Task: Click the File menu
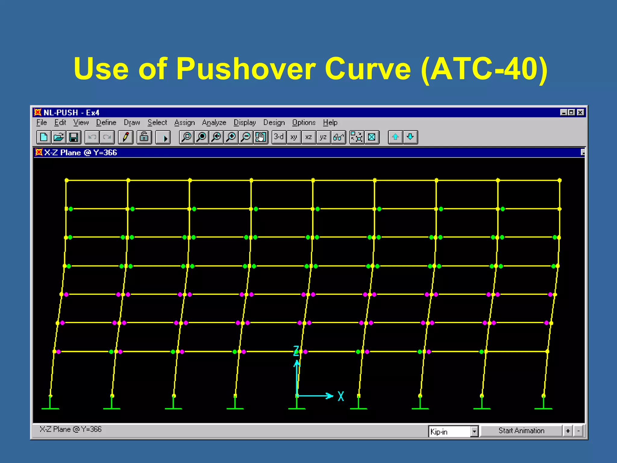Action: pyautogui.click(x=42, y=123)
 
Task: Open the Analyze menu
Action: pyautogui.click(x=214, y=123)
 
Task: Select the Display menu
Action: pyautogui.click(x=245, y=123)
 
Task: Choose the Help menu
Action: pyautogui.click(x=330, y=123)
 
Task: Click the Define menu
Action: pyautogui.click(x=106, y=123)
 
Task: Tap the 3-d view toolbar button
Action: pyautogui.click(x=279, y=137)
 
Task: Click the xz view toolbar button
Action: pyautogui.click(x=308, y=137)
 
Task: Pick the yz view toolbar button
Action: pyautogui.click(x=323, y=137)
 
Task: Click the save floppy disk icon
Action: pyautogui.click(x=74, y=137)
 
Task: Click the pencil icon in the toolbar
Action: pyautogui.click(x=126, y=137)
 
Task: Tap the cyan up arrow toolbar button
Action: pyautogui.click(x=395, y=137)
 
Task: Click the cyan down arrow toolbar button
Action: pyautogui.click(x=410, y=137)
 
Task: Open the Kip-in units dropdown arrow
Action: pyautogui.click(x=474, y=431)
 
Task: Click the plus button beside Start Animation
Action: pyautogui.click(x=568, y=431)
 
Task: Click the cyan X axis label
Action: pyautogui.click(x=341, y=396)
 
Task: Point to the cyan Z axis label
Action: pyautogui.click(x=296, y=351)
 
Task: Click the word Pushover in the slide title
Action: pyautogui.click(x=246, y=69)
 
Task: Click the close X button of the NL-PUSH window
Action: pyautogui.click(x=581, y=112)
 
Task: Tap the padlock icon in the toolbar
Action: pyautogui.click(x=144, y=137)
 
